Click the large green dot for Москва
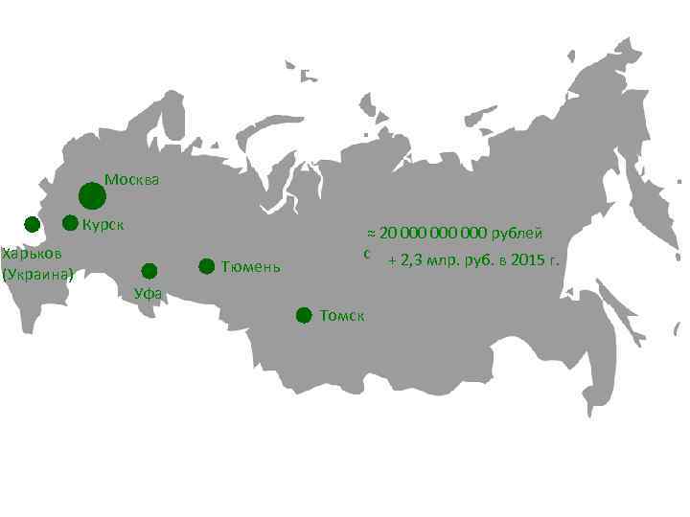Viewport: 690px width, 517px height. point(92,196)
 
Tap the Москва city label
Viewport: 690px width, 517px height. point(132,179)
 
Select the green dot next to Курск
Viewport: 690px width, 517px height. point(70,224)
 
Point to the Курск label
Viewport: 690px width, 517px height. point(104,226)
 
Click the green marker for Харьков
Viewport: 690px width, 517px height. point(32,225)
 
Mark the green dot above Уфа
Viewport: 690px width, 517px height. point(149,270)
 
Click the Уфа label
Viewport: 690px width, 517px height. point(148,293)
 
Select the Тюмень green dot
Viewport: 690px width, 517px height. point(206,266)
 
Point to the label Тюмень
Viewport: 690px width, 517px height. point(250,266)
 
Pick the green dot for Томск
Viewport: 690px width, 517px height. point(304,315)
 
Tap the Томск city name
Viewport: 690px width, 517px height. point(342,315)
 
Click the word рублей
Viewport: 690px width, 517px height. point(518,234)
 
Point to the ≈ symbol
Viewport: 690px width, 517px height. point(373,234)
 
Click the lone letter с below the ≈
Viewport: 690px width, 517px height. point(367,254)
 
